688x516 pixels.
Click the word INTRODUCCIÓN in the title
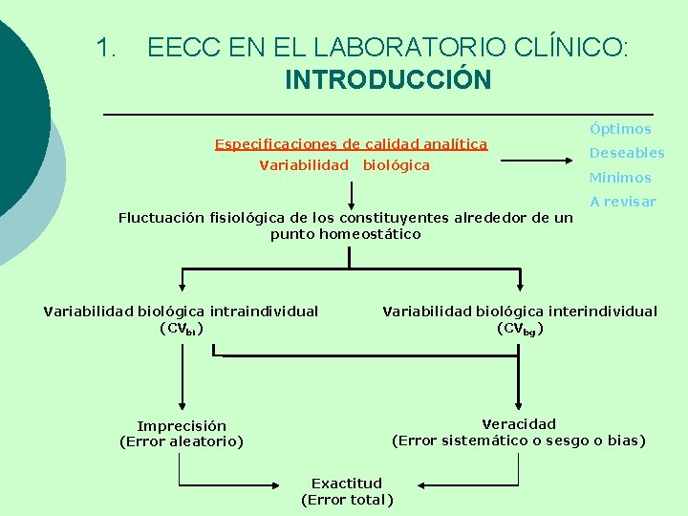pyautogui.click(x=388, y=79)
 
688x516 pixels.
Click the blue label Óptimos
pyautogui.click(x=620, y=129)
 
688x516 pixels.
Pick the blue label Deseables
pyautogui.click(x=626, y=153)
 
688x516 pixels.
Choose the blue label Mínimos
pyautogui.click(x=620, y=178)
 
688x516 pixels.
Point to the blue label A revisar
pyautogui.click(x=623, y=202)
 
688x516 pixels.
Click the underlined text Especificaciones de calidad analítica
pyautogui.click(x=351, y=144)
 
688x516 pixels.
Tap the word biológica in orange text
pyautogui.click(x=396, y=165)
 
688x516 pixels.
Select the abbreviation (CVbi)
pyautogui.click(x=181, y=329)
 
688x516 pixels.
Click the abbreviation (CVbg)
pyautogui.click(x=520, y=329)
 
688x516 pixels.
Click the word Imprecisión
pyautogui.click(x=182, y=426)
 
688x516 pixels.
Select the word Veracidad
pyautogui.click(x=519, y=424)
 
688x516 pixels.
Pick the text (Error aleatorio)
pyautogui.click(x=182, y=441)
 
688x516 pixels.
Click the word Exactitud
pyautogui.click(x=346, y=484)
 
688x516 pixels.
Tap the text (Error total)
pyautogui.click(x=346, y=499)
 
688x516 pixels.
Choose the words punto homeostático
pyautogui.click(x=345, y=234)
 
